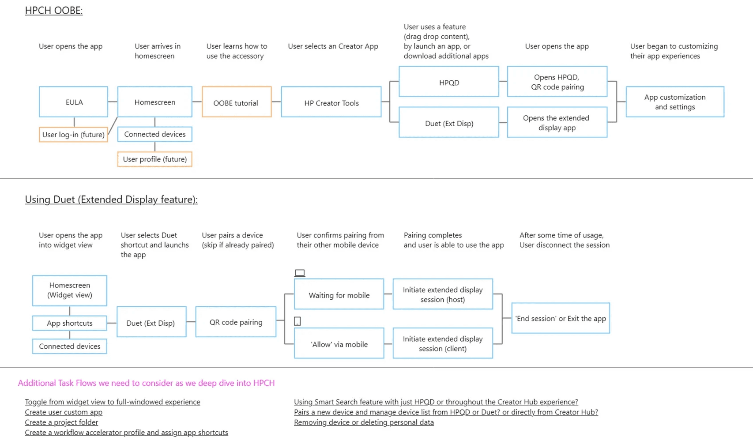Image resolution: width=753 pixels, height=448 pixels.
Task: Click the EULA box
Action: (x=73, y=102)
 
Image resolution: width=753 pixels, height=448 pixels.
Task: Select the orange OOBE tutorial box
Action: (x=237, y=102)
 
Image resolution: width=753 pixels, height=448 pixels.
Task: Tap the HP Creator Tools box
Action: (x=331, y=102)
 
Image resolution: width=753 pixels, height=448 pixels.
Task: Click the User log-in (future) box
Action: (x=73, y=135)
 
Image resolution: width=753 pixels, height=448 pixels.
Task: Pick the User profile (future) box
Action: (x=154, y=159)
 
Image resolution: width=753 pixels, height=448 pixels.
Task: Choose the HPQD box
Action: (x=449, y=81)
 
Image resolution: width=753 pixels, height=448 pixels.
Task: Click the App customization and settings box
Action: (x=675, y=102)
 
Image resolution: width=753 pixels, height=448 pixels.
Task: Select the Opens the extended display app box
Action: (x=557, y=122)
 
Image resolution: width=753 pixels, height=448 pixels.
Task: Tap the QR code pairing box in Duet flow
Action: (x=236, y=322)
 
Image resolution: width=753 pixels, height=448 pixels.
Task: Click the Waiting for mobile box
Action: (x=339, y=294)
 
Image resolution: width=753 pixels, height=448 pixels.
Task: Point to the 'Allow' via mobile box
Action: (x=339, y=343)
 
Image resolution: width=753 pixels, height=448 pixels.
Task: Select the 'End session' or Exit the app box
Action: (x=561, y=318)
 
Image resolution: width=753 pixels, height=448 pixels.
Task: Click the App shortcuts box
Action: (x=70, y=323)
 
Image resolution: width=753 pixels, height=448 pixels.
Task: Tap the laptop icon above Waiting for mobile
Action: (x=300, y=273)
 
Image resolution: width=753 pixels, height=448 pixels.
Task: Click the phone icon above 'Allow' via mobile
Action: (x=297, y=321)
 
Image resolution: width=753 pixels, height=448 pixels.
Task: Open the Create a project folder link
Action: (x=61, y=422)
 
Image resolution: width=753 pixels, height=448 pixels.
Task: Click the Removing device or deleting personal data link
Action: (x=364, y=422)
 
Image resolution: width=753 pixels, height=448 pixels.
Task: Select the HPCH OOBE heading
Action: (x=54, y=11)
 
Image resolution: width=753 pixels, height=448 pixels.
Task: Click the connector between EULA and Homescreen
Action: (x=113, y=102)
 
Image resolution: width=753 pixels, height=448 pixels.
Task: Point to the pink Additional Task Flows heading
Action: (x=146, y=383)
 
